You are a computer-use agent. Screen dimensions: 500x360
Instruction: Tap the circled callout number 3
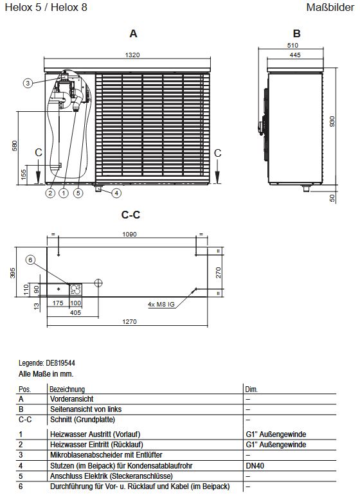(x=28, y=83)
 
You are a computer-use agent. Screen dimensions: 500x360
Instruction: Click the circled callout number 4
(x=116, y=192)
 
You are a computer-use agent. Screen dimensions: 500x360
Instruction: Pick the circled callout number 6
(x=30, y=260)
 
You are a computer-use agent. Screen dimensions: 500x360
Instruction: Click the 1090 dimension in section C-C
(x=130, y=235)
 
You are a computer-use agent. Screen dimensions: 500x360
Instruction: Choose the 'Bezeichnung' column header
(x=67, y=389)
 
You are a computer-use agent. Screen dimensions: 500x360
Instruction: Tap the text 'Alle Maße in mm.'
(x=46, y=372)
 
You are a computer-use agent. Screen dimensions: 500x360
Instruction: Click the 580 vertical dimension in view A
(x=14, y=147)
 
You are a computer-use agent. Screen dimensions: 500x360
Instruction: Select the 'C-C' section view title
(x=130, y=215)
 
